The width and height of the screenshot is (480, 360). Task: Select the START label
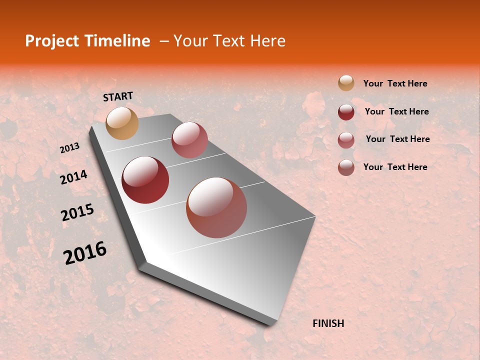(118, 96)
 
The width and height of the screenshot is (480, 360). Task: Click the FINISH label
(328, 323)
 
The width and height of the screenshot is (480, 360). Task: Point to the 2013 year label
(69, 148)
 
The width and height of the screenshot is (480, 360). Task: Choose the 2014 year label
(73, 177)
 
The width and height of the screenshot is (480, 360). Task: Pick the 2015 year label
(77, 212)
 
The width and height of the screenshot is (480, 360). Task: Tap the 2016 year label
(85, 252)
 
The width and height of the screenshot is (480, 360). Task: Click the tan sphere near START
(122, 123)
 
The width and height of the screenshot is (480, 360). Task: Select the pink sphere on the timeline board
(189, 140)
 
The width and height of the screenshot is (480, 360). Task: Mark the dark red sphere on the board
(145, 180)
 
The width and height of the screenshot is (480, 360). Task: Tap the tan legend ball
(346, 83)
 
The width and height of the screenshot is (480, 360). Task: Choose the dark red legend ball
(346, 112)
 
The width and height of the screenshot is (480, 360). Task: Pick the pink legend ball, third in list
(346, 140)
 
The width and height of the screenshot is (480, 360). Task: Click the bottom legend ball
(346, 167)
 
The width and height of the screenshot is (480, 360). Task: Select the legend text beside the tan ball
(395, 83)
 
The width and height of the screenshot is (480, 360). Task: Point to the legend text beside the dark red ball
(396, 111)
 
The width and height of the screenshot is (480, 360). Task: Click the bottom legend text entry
(395, 167)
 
